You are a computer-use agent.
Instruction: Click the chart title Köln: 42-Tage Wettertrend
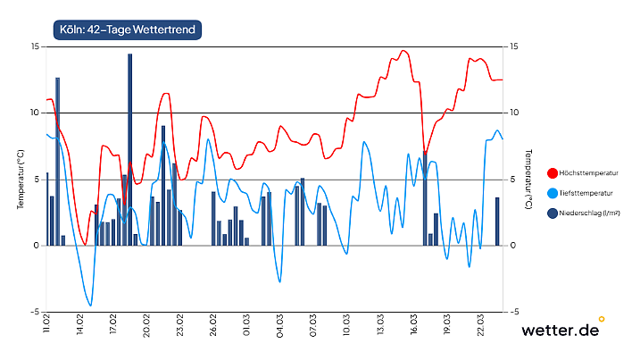(x=124, y=29)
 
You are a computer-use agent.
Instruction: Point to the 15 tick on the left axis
(x=33, y=46)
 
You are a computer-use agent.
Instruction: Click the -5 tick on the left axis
(x=33, y=312)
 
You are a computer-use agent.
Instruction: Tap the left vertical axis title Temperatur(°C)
(x=20, y=179)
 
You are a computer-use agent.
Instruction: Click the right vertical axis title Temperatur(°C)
(x=528, y=179)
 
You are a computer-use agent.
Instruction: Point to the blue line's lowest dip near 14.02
(x=89, y=305)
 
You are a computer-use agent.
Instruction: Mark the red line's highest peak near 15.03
(x=403, y=51)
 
